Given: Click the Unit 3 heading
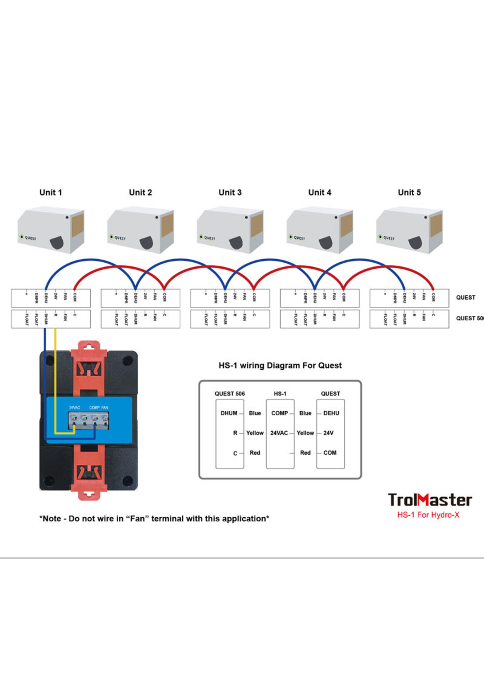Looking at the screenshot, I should [x=230, y=193].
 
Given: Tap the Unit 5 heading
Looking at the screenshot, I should [x=409, y=193].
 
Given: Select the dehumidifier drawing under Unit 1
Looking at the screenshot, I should [x=51, y=230].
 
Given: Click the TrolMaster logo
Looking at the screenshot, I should [x=430, y=500].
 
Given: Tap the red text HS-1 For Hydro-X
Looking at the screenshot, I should [x=428, y=515].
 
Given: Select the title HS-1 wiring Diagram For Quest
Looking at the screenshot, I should [x=280, y=366].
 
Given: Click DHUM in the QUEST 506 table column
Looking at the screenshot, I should [x=229, y=413].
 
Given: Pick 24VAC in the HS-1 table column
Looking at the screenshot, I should [x=279, y=433].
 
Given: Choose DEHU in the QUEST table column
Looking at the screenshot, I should [x=331, y=413].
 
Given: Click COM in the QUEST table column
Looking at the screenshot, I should [x=330, y=453].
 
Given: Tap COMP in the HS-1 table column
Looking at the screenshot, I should [x=280, y=413].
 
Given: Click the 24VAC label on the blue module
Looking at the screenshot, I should [x=74, y=407].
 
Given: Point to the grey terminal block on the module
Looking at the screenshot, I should [x=88, y=420].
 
